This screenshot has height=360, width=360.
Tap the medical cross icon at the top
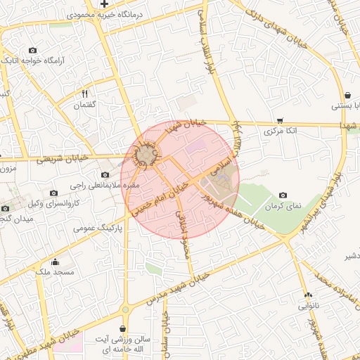[x=104, y=4]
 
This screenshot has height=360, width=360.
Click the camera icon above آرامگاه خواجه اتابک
[x=32, y=51]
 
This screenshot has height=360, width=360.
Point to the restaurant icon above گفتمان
[x=85, y=94]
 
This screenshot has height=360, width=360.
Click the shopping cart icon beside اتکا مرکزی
[x=281, y=120]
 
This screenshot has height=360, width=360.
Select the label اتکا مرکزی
[x=281, y=131]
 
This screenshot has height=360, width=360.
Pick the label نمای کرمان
[x=283, y=205]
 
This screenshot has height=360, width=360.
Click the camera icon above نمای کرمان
[x=283, y=195]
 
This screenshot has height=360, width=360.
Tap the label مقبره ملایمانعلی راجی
[x=105, y=186]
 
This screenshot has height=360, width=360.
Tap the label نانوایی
[x=308, y=306]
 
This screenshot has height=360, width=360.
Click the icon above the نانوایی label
[x=308, y=295]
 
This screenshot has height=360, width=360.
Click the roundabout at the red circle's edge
[x=146, y=154]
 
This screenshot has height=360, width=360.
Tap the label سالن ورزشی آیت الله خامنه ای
[x=123, y=344]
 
